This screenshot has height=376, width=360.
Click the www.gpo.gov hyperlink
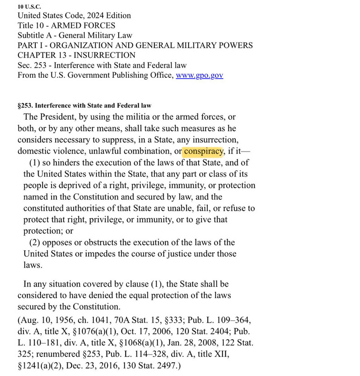(x=199, y=75)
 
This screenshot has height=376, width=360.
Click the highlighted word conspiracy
(x=203, y=151)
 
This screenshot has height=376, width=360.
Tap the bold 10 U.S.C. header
(x=29, y=6)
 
